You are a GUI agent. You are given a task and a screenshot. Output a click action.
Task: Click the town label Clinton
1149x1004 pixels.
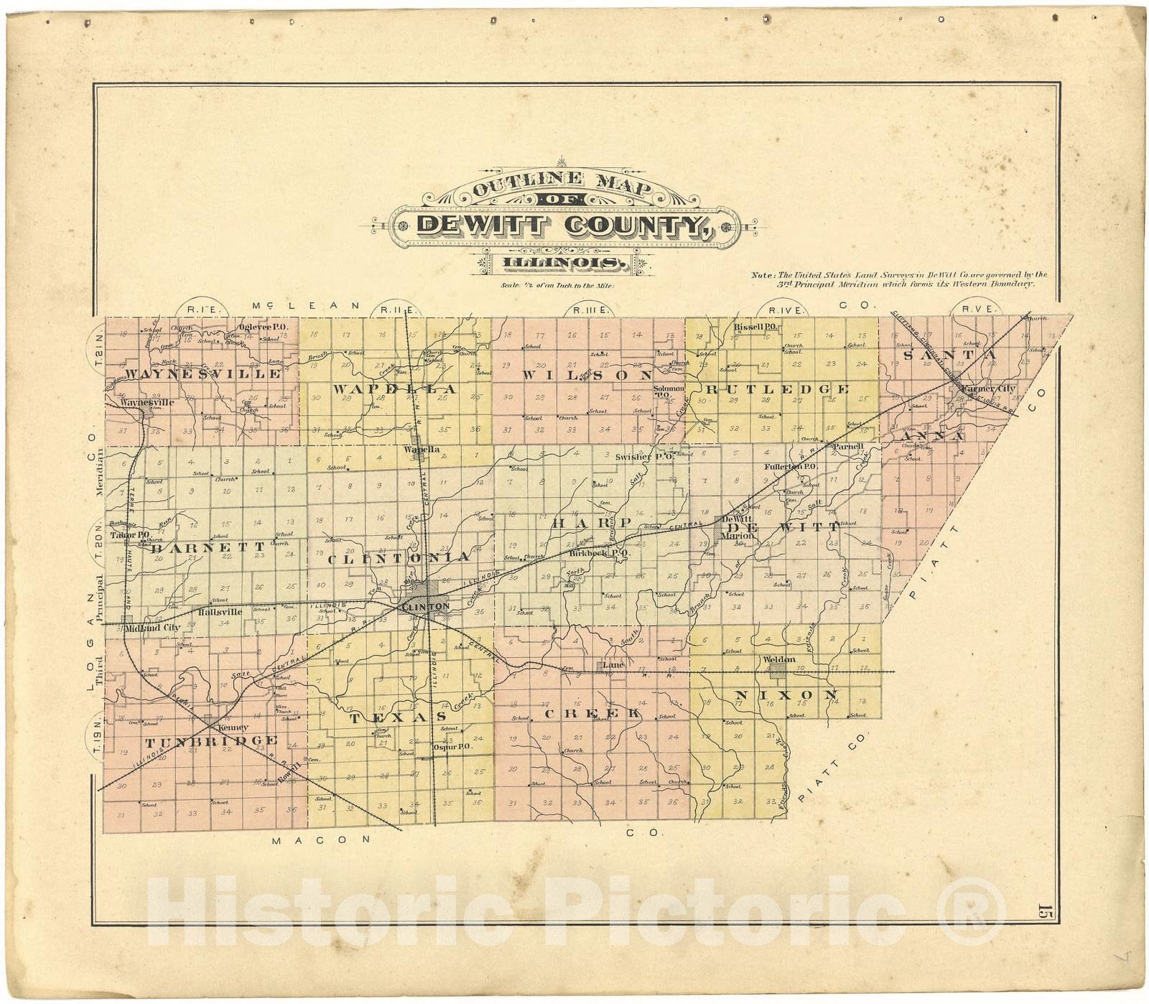(426, 607)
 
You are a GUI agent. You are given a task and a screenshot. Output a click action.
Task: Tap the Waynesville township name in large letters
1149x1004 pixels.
(204, 373)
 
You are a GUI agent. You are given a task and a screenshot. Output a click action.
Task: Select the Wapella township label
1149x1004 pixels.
(394, 389)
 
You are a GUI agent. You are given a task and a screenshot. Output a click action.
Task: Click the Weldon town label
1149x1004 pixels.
(779, 659)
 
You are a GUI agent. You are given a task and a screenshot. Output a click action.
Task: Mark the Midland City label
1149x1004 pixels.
(152, 628)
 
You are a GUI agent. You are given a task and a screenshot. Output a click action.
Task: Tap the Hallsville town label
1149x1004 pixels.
(220, 612)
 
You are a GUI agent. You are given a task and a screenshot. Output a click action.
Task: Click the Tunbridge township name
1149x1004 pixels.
(211, 741)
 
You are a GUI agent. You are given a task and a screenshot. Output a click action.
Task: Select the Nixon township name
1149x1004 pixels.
(786, 695)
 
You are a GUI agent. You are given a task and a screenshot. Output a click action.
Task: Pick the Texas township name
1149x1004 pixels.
(398, 717)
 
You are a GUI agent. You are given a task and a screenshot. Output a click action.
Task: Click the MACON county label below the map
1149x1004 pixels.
(320, 839)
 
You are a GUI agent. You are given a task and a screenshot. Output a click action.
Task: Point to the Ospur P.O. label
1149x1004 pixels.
(451, 746)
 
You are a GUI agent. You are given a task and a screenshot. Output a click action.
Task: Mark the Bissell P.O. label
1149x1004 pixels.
(756, 327)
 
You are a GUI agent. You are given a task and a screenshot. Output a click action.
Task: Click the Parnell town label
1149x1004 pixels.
(847, 446)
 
